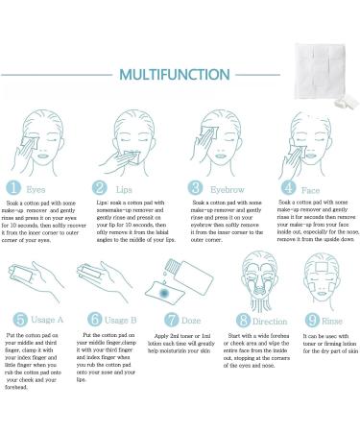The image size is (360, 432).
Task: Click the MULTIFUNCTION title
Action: (180, 75)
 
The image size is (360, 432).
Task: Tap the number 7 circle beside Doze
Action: (170, 318)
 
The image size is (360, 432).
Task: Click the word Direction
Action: (271, 319)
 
